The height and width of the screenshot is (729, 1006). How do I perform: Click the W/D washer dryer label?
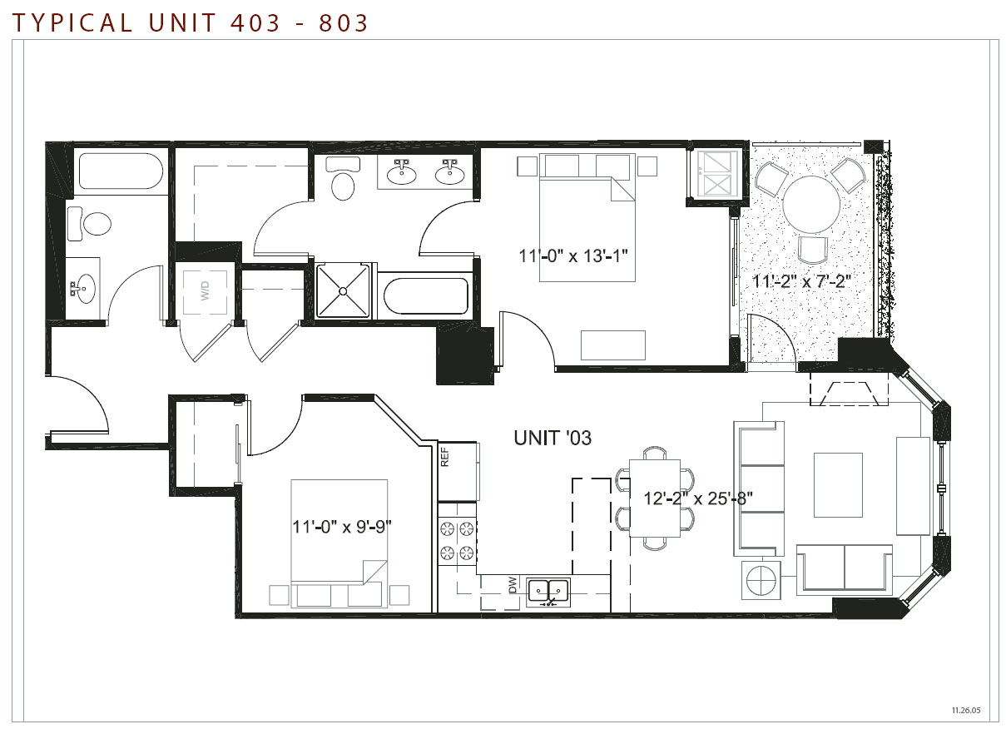tap(205, 291)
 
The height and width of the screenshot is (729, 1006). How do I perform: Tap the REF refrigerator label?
tap(444, 457)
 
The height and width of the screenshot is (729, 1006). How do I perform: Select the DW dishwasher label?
tap(513, 585)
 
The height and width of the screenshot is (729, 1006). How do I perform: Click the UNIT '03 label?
tap(553, 438)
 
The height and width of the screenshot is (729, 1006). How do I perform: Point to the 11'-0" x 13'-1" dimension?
tap(573, 256)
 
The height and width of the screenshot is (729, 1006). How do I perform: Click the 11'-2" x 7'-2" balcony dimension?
tap(801, 281)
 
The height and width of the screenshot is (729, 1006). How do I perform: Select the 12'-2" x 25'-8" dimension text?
tap(698, 498)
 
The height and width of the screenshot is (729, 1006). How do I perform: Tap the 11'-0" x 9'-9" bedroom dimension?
tap(342, 527)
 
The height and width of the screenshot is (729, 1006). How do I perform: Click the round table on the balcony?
tap(811, 205)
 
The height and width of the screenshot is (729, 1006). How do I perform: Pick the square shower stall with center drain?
tap(343, 291)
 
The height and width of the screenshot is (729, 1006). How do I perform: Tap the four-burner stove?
tap(457, 541)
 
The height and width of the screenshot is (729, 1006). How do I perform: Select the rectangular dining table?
tap(655, 498)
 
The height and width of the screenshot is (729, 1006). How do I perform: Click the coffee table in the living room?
tap(838, 485)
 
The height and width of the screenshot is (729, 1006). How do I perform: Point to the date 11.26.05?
tap(966, 710)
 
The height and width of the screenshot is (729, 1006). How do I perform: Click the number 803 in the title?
tap(344, 23)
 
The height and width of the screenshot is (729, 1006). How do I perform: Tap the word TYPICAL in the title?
tap(72, 23)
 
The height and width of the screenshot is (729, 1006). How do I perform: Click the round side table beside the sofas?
tap(761, 580)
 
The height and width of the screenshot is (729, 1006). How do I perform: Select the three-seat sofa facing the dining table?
tap(759, 488)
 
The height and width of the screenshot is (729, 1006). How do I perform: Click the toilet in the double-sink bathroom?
tap(343, 178)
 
